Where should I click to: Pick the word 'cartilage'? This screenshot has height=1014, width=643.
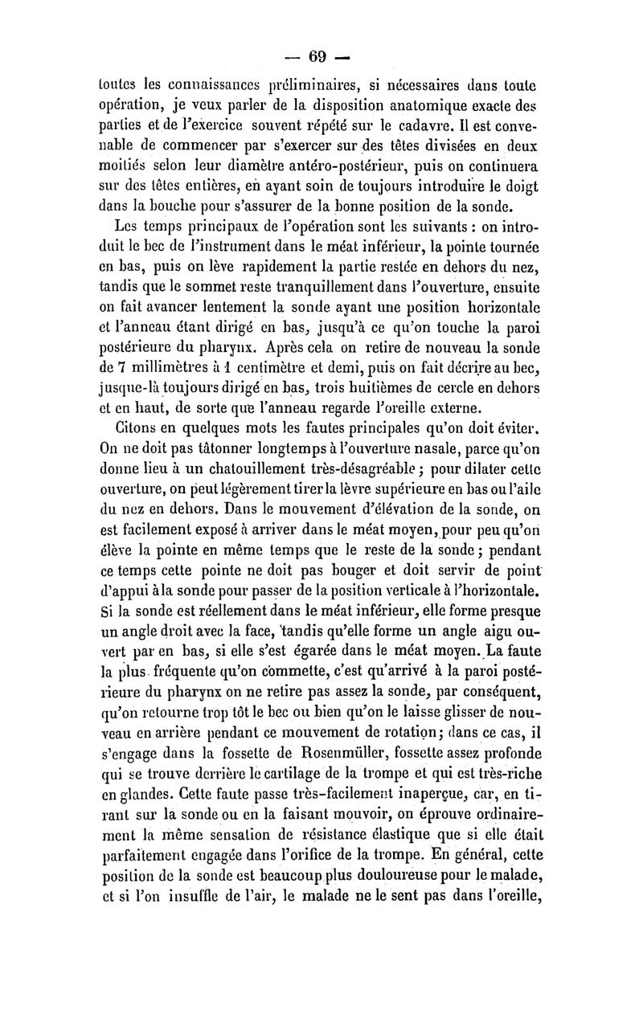click(291, 777)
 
